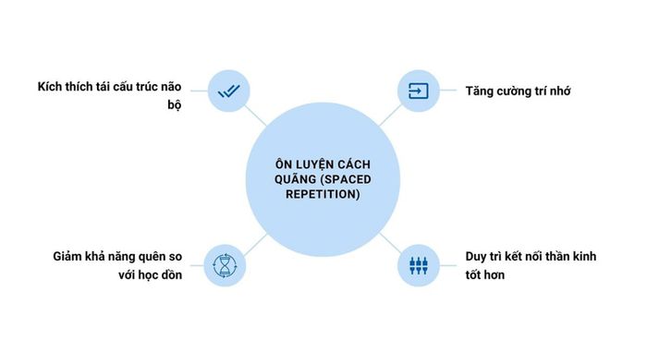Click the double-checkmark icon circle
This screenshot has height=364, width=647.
[228, 91]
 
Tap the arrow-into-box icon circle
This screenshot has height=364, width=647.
[420, 91]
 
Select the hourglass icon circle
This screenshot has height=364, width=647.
[228, 266]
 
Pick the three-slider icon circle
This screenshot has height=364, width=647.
[420, 266]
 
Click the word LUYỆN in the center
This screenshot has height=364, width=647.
[309, 161]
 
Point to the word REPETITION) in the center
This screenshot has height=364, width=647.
[323, 195]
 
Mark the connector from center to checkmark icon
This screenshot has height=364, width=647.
[257, 117]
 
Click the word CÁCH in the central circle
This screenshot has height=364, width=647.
[356, 161]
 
